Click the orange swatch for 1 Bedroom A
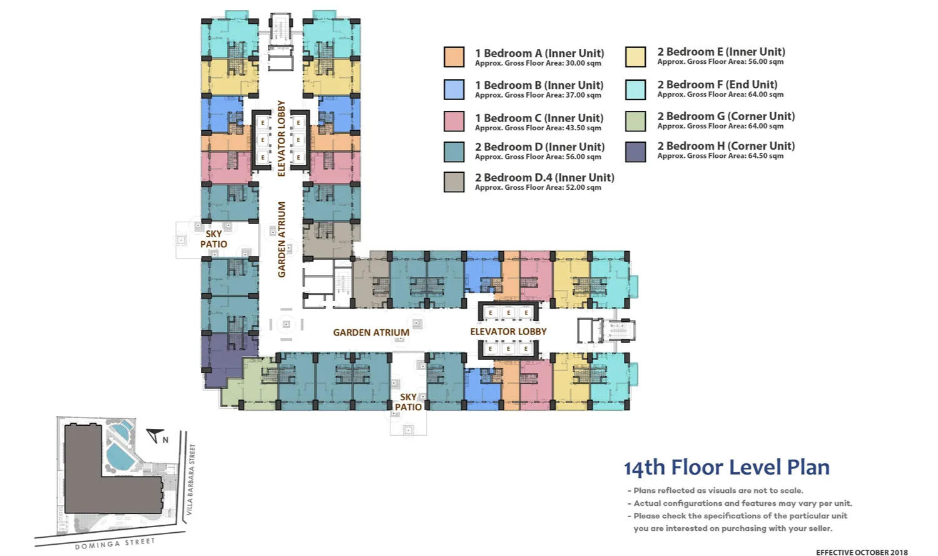pos(454,57)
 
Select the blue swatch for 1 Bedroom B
pos(454,90)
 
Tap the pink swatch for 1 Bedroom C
pos(454,121)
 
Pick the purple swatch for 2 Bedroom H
pos(635,152)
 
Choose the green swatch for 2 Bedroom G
pos(635,121)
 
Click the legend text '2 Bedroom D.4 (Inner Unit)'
pos(544,178)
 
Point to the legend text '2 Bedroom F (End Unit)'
pos(717,85)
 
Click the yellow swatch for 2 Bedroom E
pos(635,57)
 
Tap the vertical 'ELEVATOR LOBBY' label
pos(282,138)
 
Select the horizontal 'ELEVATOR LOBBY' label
pos(508,331)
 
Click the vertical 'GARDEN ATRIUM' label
pos(282,239)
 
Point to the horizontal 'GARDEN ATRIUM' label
pos(371,332)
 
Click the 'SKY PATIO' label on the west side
pos(213,239)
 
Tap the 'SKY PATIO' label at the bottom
pos(408,402)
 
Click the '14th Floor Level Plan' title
pos(726,468)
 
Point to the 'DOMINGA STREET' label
pos(115,543)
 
